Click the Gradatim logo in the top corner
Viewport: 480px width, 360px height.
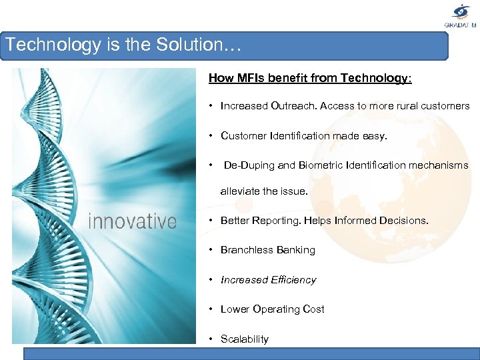pos(461,15)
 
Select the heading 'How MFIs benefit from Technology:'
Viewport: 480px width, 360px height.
pos(310,78)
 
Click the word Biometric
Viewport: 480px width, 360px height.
pos(321,165)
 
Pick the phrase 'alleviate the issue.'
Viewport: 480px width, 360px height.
pos(264,191)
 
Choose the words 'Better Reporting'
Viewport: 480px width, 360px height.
pos(261,221)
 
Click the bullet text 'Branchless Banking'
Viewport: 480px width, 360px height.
pos(267,250)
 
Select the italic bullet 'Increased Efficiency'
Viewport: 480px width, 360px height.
pos(268,280)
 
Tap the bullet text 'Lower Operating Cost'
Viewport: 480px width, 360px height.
pos(272,309)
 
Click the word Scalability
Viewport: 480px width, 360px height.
pos(245,339)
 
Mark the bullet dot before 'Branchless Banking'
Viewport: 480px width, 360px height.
pos(210,250)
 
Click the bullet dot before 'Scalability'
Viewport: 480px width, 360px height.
pos(210,339)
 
